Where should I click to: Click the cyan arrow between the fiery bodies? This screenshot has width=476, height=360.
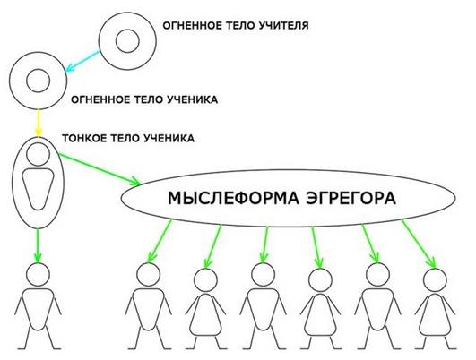click(82, 61)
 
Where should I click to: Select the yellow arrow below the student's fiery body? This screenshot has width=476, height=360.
click(38, 124)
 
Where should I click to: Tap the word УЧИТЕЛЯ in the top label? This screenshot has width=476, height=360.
click(284, 25)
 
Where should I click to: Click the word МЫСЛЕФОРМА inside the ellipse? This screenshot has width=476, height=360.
click(233, 198)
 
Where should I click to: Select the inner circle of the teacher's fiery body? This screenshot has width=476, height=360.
click(127, 40)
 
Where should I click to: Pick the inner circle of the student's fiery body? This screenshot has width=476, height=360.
click(38, 81)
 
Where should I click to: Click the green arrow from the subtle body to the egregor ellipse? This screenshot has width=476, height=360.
click(99, 169)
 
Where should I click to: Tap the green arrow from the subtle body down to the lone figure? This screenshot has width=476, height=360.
click(38, 245)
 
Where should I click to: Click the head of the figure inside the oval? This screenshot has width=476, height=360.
click(38, 154)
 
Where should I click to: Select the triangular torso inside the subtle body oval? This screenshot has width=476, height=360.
click(38, 189)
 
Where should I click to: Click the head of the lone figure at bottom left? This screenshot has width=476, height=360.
click(38, 274)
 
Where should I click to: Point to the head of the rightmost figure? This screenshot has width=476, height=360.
click(435, 280)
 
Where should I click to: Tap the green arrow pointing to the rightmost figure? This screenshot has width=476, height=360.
click(420, 244)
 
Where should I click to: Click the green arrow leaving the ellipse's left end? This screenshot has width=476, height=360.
click(160, 241)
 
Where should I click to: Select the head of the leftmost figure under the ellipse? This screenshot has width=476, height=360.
click(149, 274)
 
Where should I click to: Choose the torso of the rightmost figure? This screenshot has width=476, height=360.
click(435, 314)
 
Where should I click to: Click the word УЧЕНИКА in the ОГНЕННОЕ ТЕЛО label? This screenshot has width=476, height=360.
click(193, 99)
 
